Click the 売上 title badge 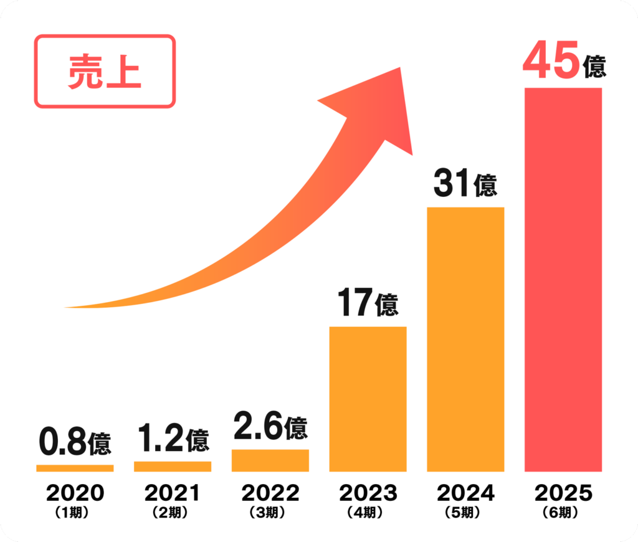105,72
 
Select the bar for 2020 75,468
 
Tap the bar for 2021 173,466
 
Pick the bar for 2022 270,460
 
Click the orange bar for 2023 368,399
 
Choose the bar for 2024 465,340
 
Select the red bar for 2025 563,280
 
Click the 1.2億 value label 173,439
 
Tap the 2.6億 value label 270,427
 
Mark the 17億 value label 368,304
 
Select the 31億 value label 465,184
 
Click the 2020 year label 75,493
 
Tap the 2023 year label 368,493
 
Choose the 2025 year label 563,493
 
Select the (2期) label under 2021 173,513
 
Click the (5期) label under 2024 465,513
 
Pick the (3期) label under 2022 270,513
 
